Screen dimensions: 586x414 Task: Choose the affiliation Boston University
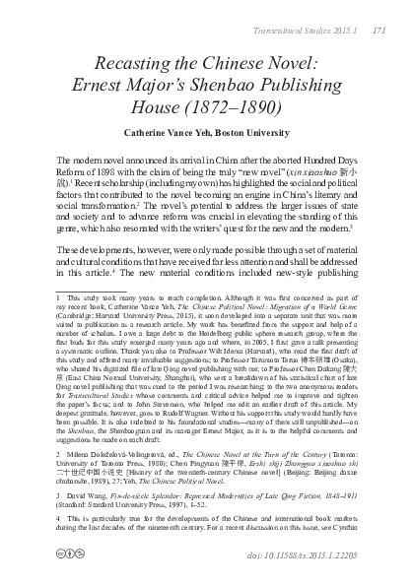[285, 131]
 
